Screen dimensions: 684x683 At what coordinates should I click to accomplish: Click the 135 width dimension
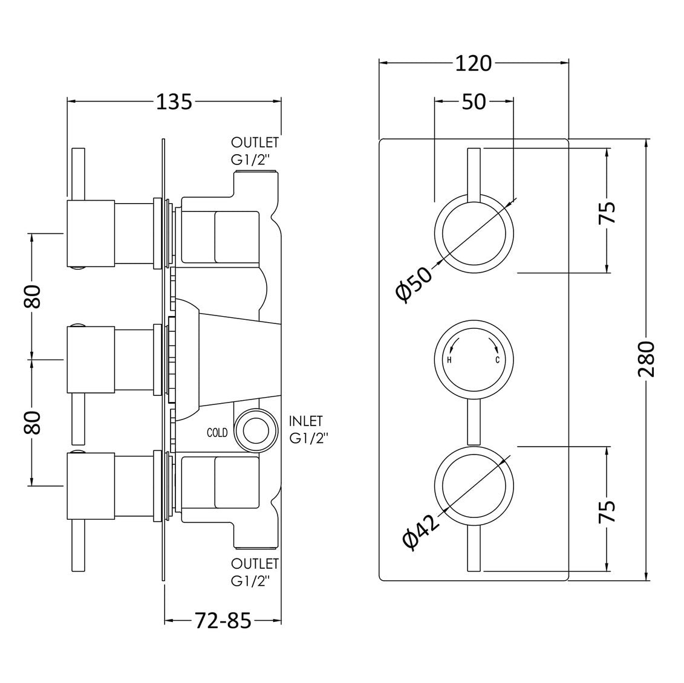coord(174,102)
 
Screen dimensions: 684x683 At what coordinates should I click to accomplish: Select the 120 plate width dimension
coord(474,63)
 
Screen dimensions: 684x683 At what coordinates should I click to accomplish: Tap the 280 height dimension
coord(646,360)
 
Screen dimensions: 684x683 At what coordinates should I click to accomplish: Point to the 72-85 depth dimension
coord(223,621)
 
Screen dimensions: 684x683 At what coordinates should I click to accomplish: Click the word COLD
coord(217,433)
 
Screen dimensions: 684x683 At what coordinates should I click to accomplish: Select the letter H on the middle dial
coord(449,360)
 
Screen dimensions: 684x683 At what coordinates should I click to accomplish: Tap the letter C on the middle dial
coord(497,360)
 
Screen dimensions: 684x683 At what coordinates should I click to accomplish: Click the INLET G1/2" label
coord(308,430)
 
